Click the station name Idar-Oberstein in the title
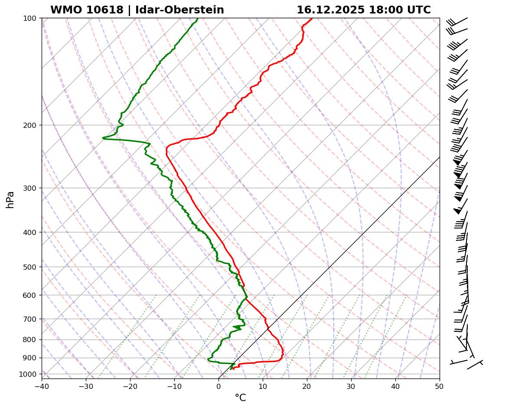179,10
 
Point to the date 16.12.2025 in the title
330,10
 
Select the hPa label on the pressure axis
10,199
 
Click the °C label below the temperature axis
240,398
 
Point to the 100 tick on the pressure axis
30,18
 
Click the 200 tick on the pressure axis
30,125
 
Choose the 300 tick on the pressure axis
30,188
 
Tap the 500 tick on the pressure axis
30,267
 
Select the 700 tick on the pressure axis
30,319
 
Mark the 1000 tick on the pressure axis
29,374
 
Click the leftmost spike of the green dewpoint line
103,138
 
